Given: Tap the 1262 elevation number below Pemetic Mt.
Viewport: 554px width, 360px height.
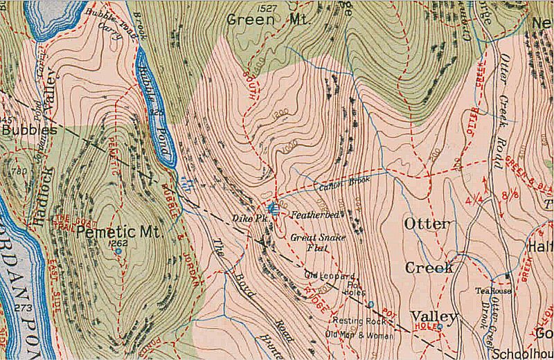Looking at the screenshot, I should pyautogui.click(x=116, y=243).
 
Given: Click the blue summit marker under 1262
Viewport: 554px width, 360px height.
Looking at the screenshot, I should pyautogui.click(x=118, y=251).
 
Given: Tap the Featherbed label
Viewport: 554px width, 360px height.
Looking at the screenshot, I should pyautogui.click(x=314, y=215).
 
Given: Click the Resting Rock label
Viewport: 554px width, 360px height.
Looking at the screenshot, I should pyautogui.click(x=358, y=321).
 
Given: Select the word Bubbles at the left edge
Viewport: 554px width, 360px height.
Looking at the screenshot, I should pyautogui.click(x=29, y=129).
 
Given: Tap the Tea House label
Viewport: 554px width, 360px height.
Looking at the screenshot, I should pyautogui.click(x=492, y=291).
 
